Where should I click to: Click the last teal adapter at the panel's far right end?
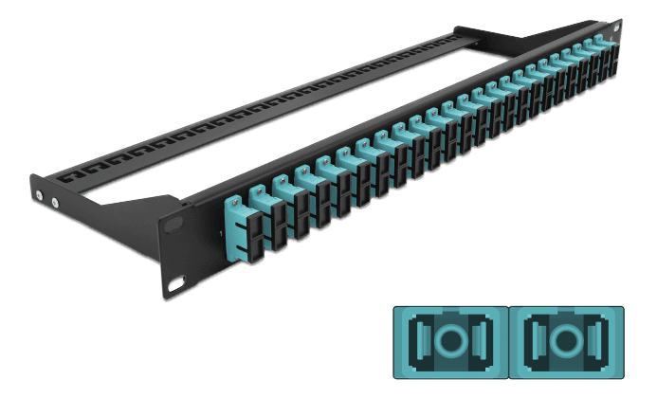pyautogui.click(x=599, y=47)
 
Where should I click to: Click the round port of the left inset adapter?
pyautogui.click(x=449, y=339)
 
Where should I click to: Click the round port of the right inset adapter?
pyautogui.click(x=567, y=339)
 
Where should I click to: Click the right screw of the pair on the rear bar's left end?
pyautogui.click(x=54, y=201)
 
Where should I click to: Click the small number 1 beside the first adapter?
pyautogui.click(x=221, y=233)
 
